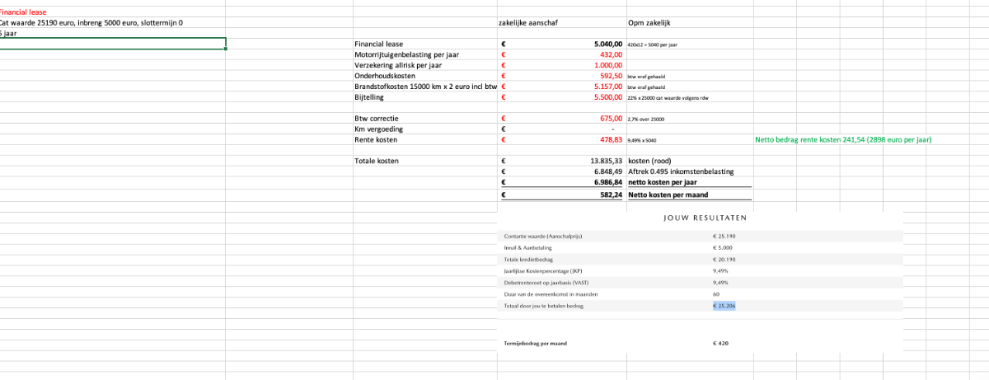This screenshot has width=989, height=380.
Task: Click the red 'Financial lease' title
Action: click(x=23, y=12)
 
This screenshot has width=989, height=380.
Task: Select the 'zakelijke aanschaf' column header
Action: click(x=529, y=23)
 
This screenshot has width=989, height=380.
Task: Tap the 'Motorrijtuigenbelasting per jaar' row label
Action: click(x=408, y=54)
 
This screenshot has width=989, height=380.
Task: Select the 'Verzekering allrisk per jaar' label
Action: click(x=401, y=65)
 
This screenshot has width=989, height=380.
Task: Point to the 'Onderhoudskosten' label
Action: click(x=383, y=76)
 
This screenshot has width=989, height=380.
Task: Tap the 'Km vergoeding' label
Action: click(x=378, y=129)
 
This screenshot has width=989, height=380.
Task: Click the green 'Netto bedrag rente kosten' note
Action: click(x=843, y=140)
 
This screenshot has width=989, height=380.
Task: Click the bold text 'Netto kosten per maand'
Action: click(x=668, y=195)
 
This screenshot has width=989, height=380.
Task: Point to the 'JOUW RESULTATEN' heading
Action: click(x=705, y=218)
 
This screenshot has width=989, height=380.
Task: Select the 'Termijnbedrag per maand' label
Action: click(x=536, y=343)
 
